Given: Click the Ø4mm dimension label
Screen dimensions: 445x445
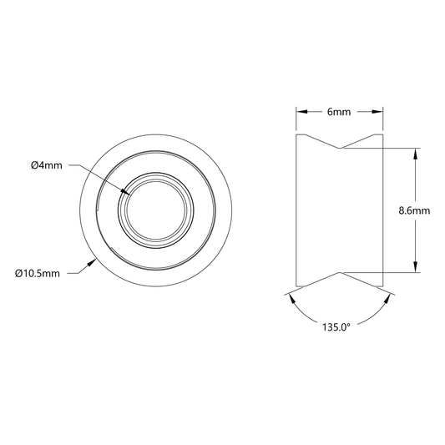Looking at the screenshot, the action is (47, 165).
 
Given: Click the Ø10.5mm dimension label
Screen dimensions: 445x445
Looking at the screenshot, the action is (38, 274).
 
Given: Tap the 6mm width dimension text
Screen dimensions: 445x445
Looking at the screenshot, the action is (339, 112).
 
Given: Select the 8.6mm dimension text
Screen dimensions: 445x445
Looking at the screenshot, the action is (414, 210).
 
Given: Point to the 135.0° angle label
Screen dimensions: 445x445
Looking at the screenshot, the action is (336, 327).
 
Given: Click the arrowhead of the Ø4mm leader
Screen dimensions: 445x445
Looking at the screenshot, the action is (125, 192).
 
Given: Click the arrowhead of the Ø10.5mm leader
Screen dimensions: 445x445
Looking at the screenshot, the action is (91, 262).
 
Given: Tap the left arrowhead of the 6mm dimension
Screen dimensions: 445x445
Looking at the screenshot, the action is (301, 112).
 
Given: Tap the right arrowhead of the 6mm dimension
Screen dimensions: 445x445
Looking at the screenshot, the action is (377, 112).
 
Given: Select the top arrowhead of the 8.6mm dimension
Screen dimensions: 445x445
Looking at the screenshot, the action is (416, 154).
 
